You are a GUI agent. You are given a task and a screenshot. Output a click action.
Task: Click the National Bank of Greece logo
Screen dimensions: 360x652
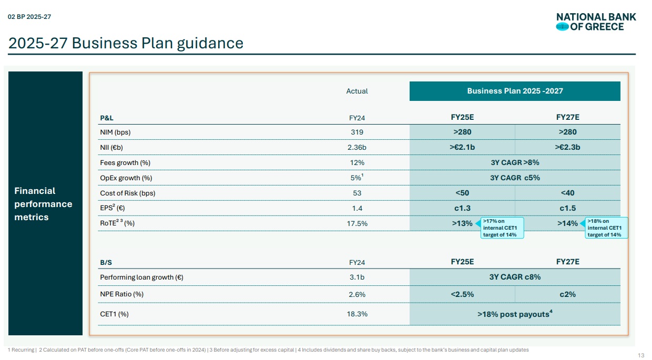(595, 22)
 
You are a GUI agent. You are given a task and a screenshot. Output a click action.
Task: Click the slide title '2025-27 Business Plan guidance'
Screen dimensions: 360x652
(126, 43)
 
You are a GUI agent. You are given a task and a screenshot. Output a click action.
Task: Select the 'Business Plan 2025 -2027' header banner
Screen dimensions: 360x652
(515, 91)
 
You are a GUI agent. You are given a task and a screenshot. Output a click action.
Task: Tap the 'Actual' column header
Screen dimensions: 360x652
(357, 91)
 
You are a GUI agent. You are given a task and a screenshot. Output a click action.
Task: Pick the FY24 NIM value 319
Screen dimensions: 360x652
(357, 132)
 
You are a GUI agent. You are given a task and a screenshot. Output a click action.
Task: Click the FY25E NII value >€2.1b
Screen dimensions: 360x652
(462, 147)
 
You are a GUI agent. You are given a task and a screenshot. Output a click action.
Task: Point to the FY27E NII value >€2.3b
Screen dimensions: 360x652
(567, 147)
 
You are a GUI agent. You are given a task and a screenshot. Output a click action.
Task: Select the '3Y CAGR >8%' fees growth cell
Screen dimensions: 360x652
(515, 162)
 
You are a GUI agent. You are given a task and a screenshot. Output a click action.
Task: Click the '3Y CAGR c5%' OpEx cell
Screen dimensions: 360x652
(515, 178)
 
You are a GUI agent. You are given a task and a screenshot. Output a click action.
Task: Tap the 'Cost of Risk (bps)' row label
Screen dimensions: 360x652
(128, 193)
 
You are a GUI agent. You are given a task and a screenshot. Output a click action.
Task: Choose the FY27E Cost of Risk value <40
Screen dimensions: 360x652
(567, 193)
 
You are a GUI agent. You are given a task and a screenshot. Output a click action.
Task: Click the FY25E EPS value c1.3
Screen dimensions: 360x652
(462, 208)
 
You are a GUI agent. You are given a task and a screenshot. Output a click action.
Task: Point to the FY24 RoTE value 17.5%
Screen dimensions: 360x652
(357, 223)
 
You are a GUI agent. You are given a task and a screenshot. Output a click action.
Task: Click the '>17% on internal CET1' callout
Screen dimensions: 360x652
(503, 228)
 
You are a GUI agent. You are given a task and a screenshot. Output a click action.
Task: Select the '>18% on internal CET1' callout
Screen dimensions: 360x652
(606, 228)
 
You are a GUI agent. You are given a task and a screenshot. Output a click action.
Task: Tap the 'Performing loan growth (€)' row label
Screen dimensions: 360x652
(141, 277)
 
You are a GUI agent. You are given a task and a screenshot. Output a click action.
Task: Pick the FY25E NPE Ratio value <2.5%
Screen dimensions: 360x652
(462, 294)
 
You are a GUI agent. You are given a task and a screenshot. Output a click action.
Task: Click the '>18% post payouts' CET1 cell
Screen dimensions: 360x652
(515, 314)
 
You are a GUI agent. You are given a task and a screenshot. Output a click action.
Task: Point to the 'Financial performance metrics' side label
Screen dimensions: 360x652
(43, 204)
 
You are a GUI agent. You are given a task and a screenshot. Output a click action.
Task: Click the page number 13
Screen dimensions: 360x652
(640, 354)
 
